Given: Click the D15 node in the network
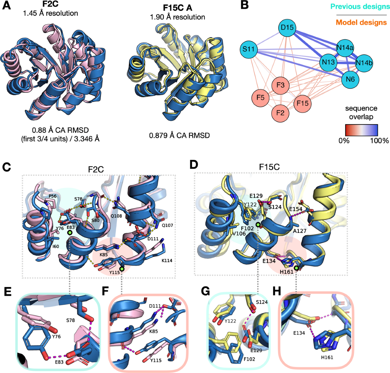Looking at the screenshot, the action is pos(287,27).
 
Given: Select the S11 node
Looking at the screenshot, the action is pos(248,50).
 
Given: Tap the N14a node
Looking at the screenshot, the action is pos(345,48).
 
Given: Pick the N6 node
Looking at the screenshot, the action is pos(350,79).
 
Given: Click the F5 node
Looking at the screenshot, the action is pos(260,97).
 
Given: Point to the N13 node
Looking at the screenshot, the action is pos(328,62).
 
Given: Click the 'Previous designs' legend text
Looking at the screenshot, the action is pos(360,7).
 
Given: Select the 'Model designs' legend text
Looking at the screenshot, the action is pos(361,22).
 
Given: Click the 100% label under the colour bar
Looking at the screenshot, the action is pos(381,141).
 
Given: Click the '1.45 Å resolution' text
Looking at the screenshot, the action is pos(50,13).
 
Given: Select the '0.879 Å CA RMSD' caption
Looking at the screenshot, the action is pos(179,135).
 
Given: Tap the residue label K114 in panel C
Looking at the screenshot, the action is pos(166,260).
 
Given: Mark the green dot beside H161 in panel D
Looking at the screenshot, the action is pos(297,268).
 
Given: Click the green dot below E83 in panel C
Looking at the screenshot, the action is pos(70,233).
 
